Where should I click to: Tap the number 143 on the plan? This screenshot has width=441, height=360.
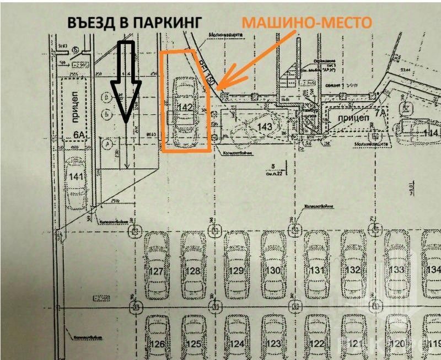click(265, 127)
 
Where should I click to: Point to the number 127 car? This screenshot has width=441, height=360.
click(158, 270)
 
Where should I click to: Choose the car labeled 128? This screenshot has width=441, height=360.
click(192, 270)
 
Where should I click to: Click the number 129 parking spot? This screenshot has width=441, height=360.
click(236, 270)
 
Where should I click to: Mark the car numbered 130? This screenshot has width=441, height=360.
click(273, 270)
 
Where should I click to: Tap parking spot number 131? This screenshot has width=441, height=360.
click(316, 270)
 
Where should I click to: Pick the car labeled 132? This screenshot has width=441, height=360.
click(353, 270)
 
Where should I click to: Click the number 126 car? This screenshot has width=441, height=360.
click(158, 343)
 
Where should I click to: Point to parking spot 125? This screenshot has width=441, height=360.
click(192, 343)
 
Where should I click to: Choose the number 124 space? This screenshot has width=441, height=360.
click(236, 343)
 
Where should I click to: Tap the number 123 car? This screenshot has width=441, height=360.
click(273, 343)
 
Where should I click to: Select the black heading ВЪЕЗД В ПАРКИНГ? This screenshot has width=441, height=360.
click(134, 22)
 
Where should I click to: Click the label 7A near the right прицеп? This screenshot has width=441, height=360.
click(379, 113)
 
